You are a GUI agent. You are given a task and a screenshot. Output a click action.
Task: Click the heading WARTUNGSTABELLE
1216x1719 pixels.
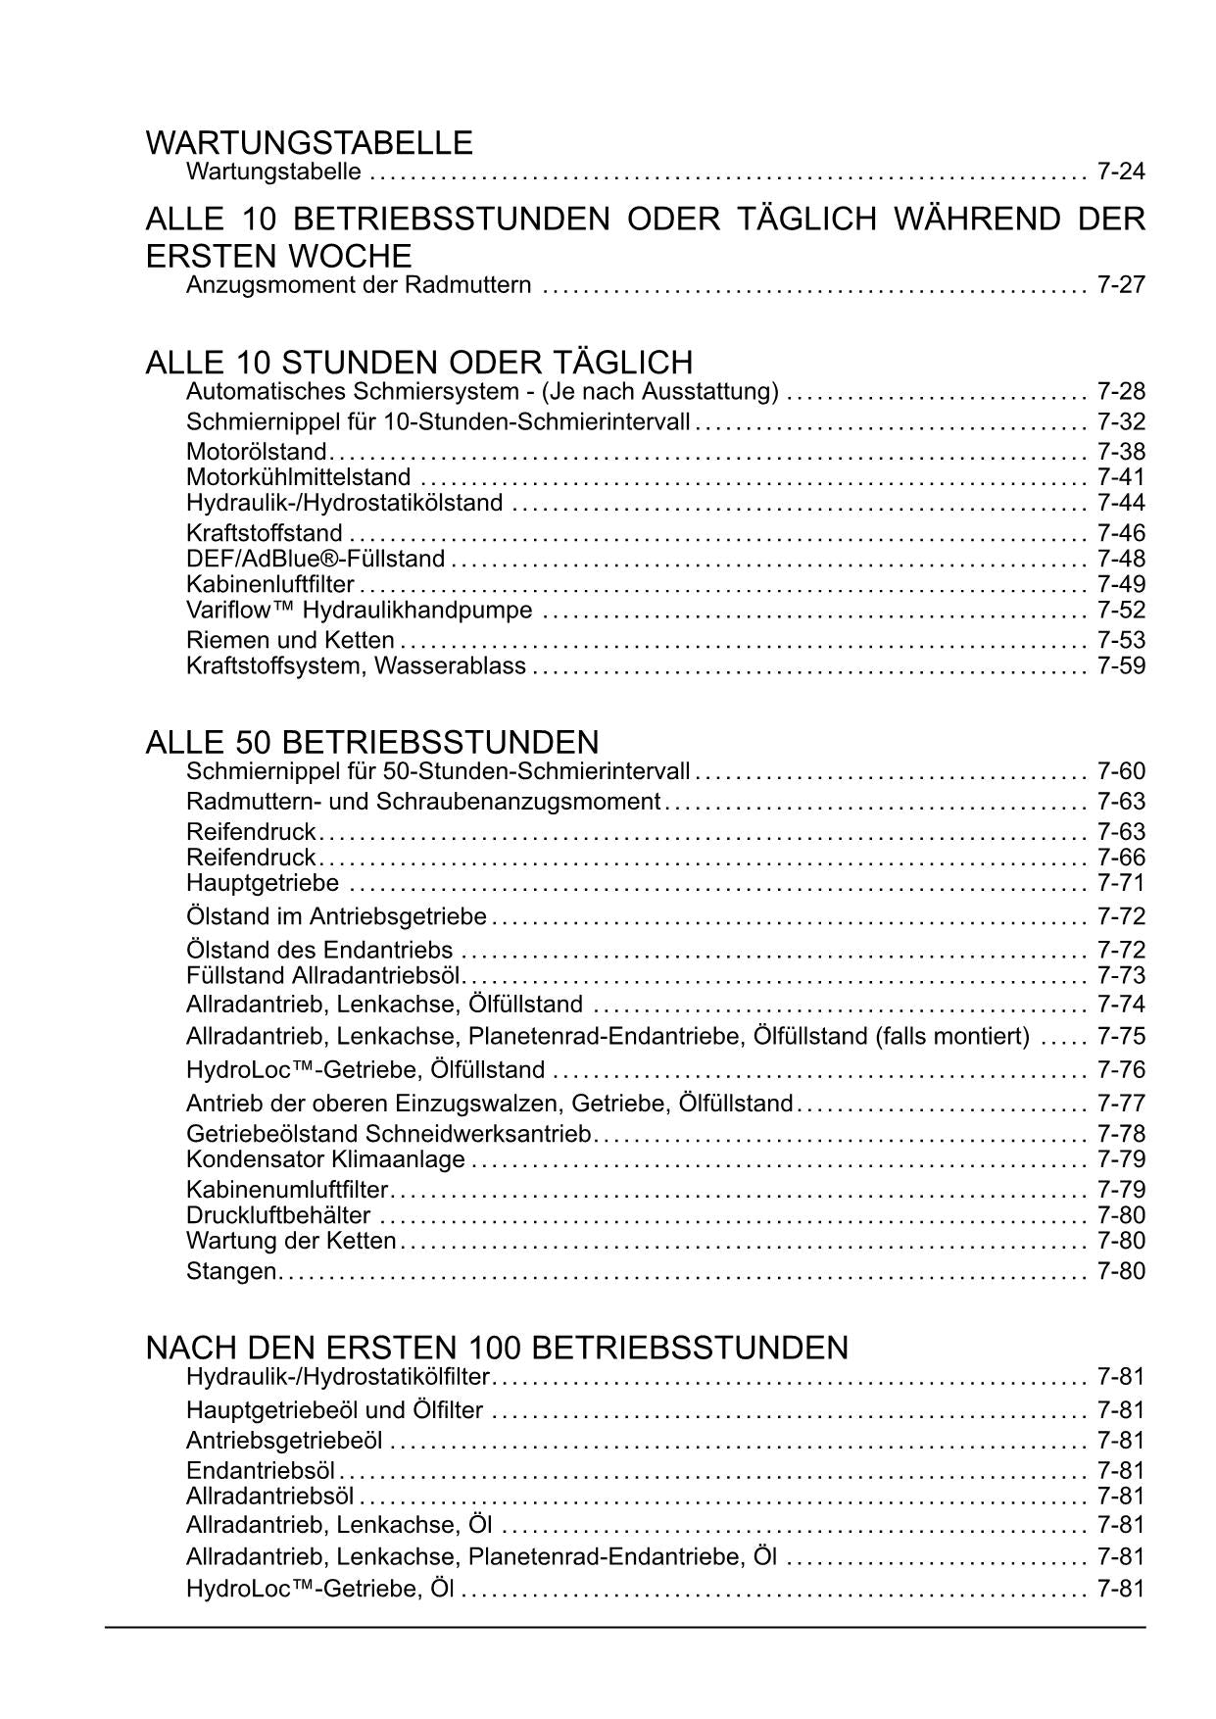309,143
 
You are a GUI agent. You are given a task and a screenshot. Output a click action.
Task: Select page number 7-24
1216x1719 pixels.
1121,172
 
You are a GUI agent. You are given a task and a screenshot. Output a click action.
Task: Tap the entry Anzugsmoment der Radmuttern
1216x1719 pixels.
359,285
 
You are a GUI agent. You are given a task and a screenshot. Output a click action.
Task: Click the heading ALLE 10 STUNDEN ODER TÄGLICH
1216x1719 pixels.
418,363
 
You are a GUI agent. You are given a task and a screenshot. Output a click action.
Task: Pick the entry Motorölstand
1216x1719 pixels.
256,452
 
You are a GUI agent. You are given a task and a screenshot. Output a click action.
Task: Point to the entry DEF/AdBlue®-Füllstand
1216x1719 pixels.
316,559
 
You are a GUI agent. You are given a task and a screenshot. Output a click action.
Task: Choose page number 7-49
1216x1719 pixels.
1121,584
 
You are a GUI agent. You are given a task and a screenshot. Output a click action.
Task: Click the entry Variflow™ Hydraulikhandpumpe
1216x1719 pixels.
359,611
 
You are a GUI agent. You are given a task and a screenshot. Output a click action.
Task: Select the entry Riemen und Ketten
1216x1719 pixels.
290,641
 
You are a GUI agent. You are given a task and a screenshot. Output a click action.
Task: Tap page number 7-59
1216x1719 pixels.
1121,666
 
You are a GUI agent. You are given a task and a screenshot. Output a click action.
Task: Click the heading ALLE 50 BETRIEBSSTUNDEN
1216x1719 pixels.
371,741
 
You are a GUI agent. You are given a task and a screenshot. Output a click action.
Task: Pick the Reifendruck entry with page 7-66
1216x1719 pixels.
251,858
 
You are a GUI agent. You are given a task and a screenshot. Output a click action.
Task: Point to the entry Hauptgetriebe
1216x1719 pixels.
263,883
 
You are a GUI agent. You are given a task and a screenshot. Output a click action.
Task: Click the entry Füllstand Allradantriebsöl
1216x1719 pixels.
323,976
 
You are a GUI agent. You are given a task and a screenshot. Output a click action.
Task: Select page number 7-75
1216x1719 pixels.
1121,1036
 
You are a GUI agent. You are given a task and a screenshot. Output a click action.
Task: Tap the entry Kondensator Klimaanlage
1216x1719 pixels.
325,1159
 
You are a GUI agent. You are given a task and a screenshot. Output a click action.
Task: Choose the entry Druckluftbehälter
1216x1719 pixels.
278,1215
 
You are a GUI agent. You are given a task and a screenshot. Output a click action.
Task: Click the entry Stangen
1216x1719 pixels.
231,1271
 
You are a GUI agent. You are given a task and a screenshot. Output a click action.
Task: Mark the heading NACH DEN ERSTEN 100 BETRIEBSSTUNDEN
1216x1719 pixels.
497,1348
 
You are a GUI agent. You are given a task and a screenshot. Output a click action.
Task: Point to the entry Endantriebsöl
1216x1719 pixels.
261,1471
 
